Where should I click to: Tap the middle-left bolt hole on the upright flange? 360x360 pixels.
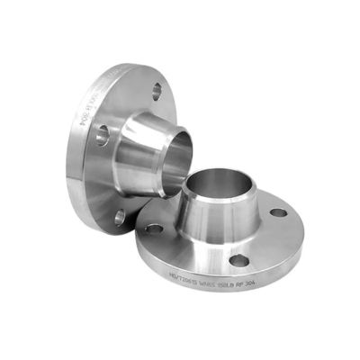click(x=102, y=135)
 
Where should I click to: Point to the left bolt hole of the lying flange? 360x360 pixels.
click(x=155, y=229)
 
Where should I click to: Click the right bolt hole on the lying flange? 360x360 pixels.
click(x=280, y=213)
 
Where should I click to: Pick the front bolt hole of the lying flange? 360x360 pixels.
click(x=239, y=261)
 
